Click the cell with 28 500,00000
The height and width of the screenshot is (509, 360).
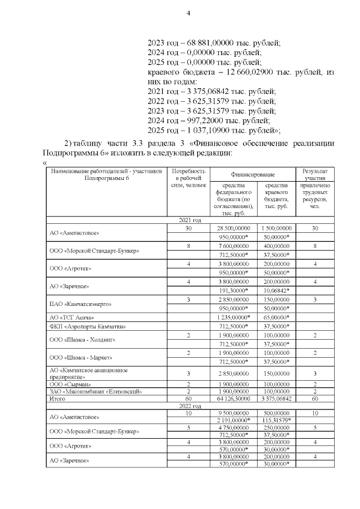[x=233, y=228]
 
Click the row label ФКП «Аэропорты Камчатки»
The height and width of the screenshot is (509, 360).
[x=80, y=326]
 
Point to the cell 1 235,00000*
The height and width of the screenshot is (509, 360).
[x=233, y=317]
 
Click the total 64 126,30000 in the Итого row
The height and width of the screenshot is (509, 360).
[x=233, y=398]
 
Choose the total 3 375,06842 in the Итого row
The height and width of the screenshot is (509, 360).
[x=276, y=398]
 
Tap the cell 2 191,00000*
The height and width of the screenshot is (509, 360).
[x=233, y=421]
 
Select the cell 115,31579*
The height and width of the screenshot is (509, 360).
[x=276, y=421]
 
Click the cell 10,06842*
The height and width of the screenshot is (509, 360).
[x=276, y=290]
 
